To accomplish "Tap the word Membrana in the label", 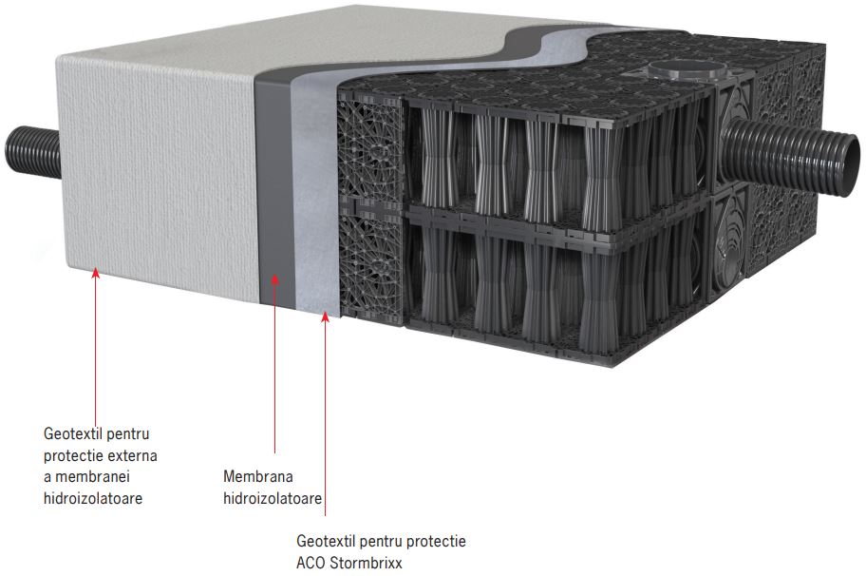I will click(x=258, y=475).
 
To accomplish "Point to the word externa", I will click(x=131, y=455).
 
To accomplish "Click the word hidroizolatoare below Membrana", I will click(x=273, y=496).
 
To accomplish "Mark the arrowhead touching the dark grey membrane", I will click(x=275, y=278).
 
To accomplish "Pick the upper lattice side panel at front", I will click(x=370, y=152).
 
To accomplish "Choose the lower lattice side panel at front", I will click(x=370, y=261).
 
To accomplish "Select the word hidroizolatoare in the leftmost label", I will click(x=93, y=497).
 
